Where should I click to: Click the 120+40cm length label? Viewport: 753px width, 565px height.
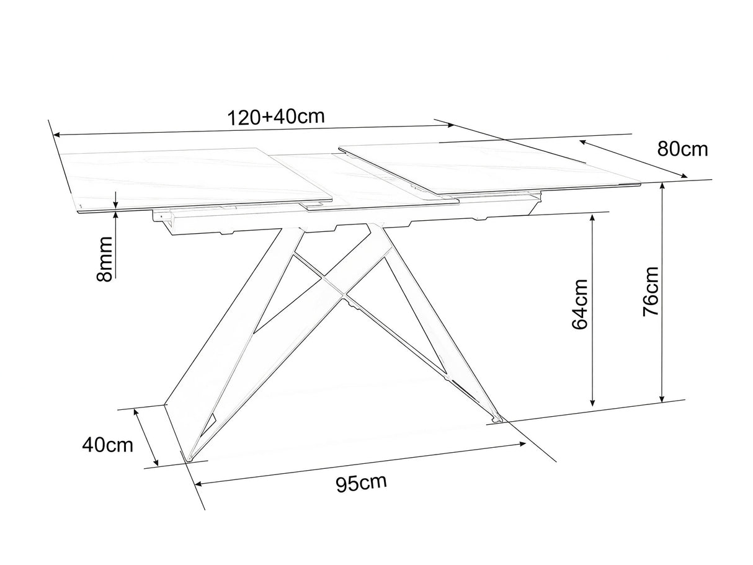[276, 117]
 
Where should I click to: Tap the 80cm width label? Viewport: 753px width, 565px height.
[683, 149]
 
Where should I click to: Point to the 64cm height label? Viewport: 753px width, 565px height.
[580, 305]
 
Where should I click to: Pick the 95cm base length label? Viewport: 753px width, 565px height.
[361, 483]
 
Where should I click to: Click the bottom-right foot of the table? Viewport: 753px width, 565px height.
[497, 419]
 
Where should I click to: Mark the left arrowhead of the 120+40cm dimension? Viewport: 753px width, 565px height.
[57, 135]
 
